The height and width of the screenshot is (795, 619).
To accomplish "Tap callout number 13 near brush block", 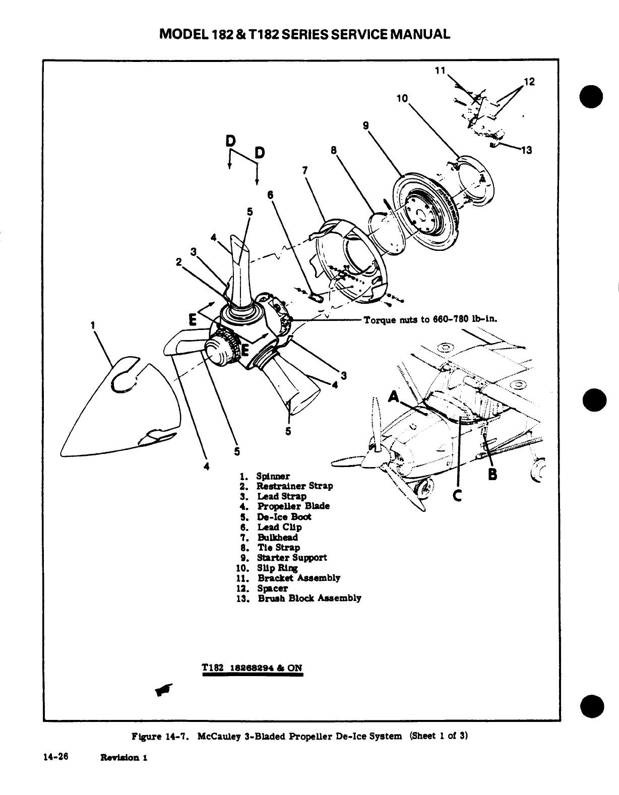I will click(x=526, y=150).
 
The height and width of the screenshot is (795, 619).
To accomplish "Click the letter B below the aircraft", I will click(x=492, y=474).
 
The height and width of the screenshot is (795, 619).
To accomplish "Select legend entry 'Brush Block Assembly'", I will click(x=309, y=599).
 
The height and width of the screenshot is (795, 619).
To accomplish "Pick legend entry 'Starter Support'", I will click(x=291, y=558).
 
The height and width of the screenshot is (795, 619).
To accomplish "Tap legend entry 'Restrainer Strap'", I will click(x=294, y=486).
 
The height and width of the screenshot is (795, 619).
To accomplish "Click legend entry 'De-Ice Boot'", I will click(x=284, y=517).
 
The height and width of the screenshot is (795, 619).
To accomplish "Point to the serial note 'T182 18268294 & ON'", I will click(x=252, y=668).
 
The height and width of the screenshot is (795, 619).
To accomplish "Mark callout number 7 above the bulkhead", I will click(x=305, y=170).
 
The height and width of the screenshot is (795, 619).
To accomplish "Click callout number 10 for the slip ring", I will click(x=402, y=99).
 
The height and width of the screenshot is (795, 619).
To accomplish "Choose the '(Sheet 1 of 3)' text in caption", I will click(x=439, y=736).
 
